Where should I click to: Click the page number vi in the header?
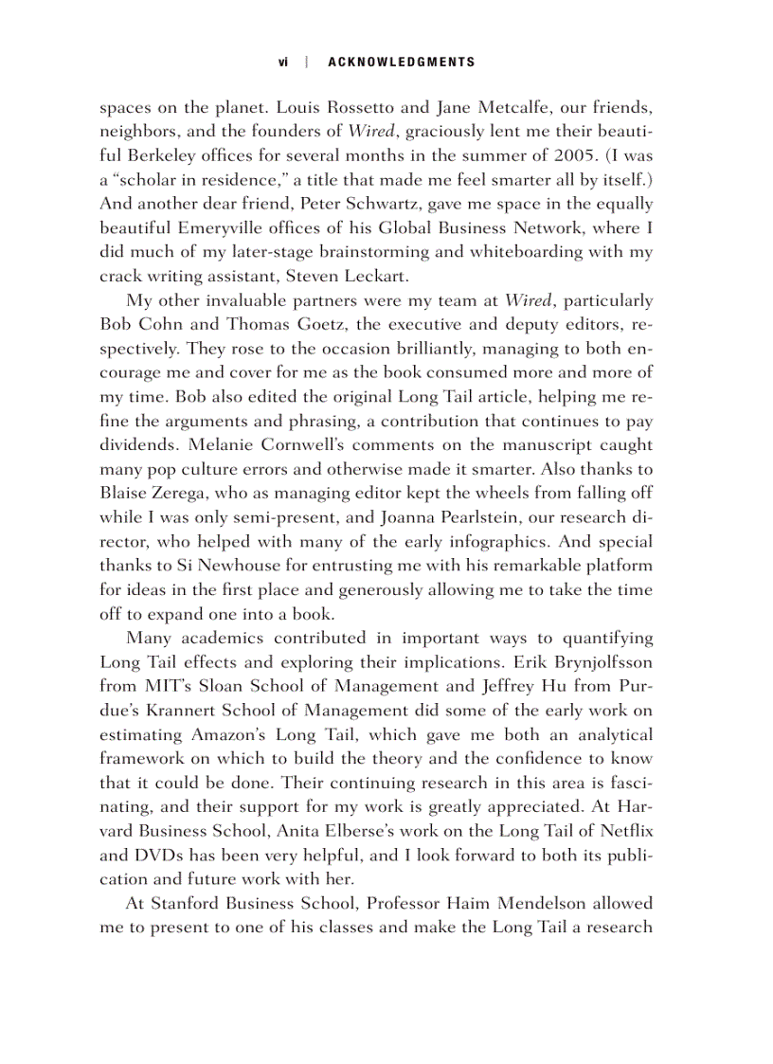coord(282,63)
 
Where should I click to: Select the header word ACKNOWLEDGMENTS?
coord(401,63)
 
